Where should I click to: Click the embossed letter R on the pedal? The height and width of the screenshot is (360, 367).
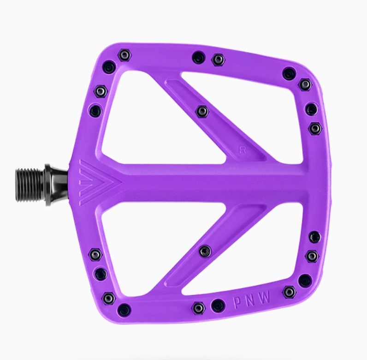point(242,150)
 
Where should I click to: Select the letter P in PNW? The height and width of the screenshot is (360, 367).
point(237,303)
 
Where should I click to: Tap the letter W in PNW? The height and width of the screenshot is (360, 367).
point(265,297)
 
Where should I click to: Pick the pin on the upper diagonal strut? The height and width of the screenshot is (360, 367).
point(202,112)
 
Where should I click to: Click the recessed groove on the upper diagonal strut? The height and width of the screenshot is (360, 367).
point(215,121)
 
